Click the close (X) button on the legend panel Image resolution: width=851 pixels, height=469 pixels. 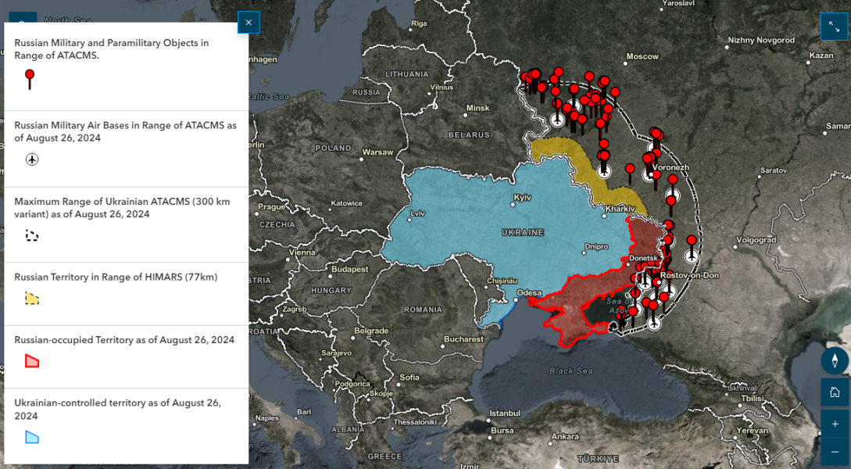pos(249,23)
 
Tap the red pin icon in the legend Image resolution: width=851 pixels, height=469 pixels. pos(30,79)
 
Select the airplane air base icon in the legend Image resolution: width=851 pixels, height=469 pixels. pos(32,159)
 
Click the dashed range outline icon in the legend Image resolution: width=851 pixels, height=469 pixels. pos(32,234)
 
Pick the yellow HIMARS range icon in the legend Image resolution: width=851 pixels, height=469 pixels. pos(32,298)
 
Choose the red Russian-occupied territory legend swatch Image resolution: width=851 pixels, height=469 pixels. pos(32,360)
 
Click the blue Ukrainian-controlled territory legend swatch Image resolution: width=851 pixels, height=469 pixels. pos(32,437)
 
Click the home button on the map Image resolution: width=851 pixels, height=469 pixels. pos(835,392)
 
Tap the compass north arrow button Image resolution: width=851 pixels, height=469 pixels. pos(835,360)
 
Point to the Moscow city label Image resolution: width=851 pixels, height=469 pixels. pos(642,56)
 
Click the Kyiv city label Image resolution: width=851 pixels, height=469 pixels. pos(522,197)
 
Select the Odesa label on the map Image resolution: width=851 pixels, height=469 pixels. pos(528,293)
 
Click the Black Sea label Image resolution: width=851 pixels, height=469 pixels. pos(571,371)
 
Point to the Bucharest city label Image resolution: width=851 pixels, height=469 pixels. pos(464,339)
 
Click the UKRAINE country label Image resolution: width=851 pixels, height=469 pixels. pos(522,232)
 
